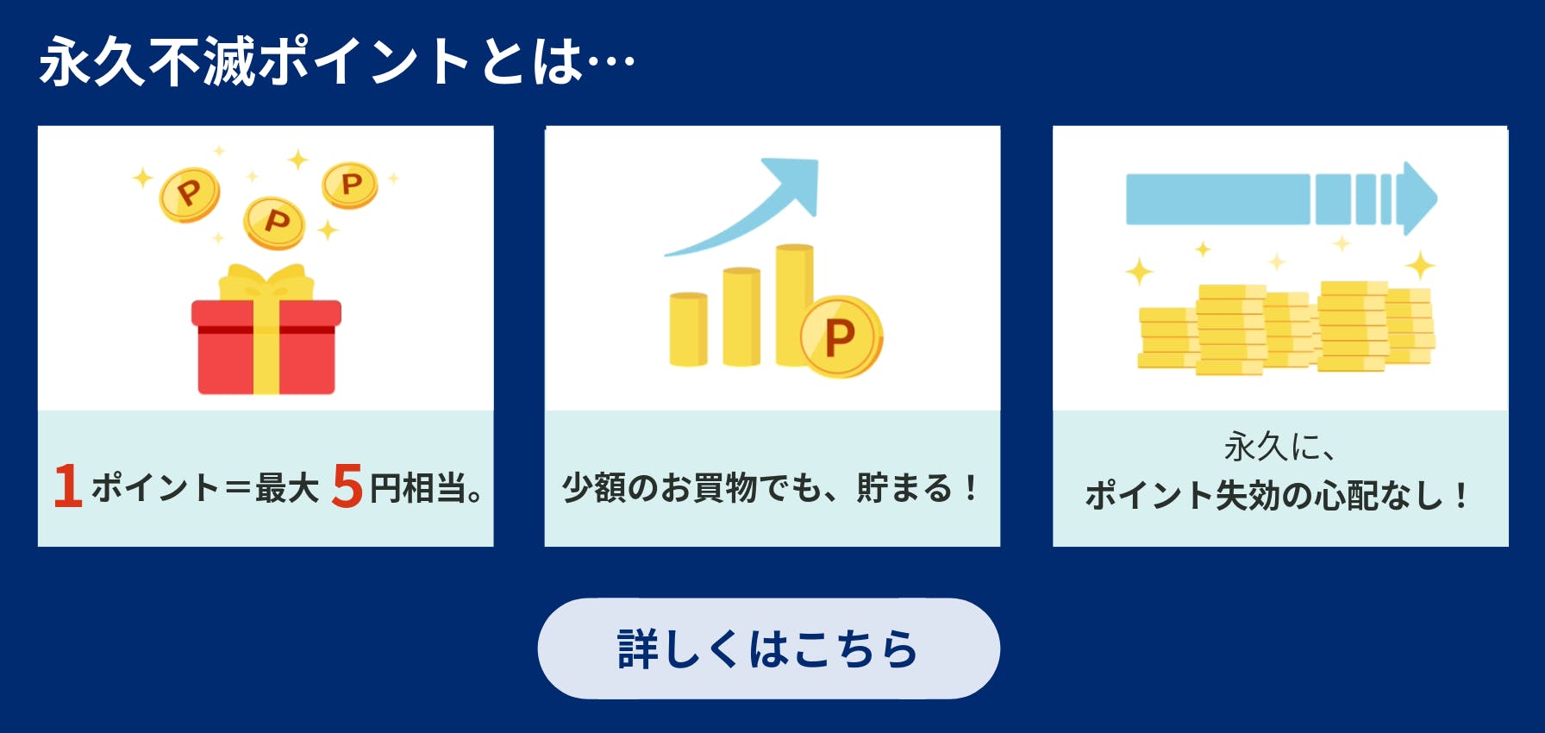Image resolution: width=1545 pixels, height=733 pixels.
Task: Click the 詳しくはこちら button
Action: click(x=768, y=648)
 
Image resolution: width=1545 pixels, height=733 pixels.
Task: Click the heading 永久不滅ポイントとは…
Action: click(x=337, y=61)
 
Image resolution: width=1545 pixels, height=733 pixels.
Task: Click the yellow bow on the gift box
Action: click(x=266, y=282)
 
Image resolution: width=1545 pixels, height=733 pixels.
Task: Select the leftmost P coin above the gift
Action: click(x=190, y=194)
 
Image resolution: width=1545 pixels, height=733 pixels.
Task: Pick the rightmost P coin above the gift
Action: click(x=350, y=185)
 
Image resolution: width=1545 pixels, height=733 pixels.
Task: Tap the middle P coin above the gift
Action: click(x=274, y=223)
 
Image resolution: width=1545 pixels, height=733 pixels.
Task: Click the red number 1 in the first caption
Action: click(x=68, y=486)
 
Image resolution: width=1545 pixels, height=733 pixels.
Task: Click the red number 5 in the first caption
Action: click(x=347, y=486)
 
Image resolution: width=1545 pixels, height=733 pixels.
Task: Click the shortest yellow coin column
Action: click(x=688, y=329)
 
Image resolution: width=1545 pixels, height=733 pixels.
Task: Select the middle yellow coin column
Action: click(x=741, y=316)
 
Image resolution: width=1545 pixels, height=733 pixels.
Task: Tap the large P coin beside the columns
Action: click(x=841, y=336)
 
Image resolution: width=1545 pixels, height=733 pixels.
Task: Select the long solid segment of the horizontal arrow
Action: click(x=1218, y=199)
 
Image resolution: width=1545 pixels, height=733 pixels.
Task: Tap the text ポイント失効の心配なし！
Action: click(x=1279, y=495)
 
